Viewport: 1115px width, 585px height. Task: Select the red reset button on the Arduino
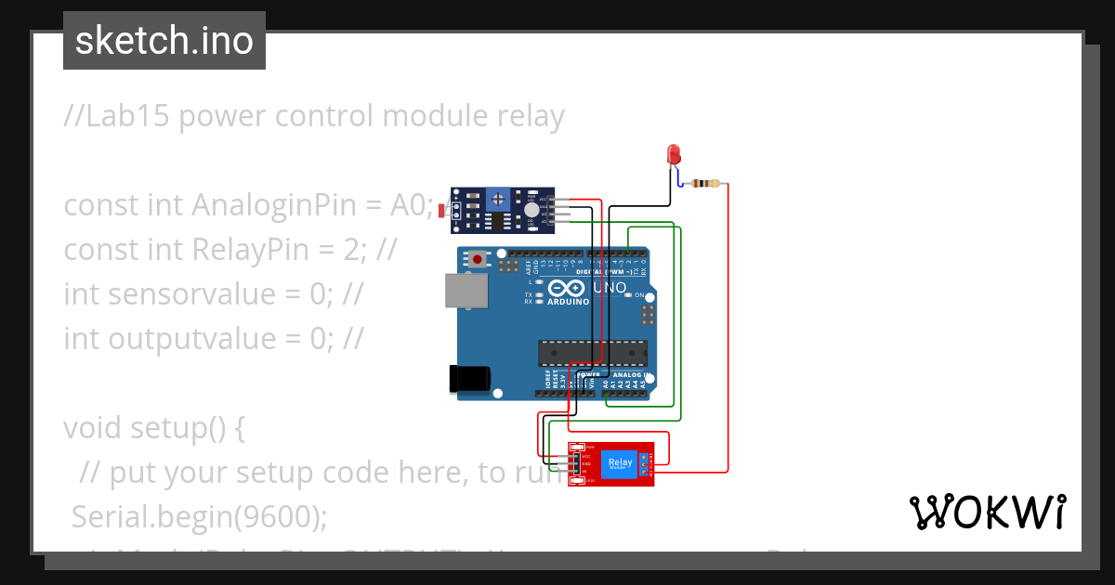479,260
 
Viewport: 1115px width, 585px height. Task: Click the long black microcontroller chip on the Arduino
593,353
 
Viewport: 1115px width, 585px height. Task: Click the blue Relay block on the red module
620,462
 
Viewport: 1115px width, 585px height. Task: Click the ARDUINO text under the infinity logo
568,302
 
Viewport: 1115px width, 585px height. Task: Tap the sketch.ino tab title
164,41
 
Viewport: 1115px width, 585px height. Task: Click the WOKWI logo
987,512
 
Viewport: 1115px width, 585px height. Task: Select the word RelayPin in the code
298,249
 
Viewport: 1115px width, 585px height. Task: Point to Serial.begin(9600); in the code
199,516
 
